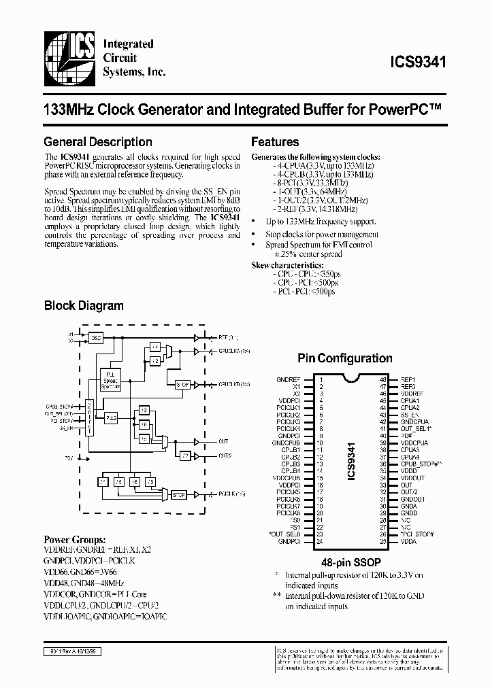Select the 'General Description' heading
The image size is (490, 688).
point(97,142)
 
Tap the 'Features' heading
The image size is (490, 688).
point(275,142)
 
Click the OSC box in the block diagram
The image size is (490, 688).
point(95,337)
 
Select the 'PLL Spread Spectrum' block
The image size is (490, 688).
point(110,380)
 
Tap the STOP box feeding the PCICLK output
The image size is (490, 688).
point(179,494)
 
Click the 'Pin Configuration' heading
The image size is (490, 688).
point(345,358)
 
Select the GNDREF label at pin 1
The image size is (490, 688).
point(289,379)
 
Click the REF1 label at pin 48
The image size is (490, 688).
point(408,379)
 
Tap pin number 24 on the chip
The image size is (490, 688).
point(319,542)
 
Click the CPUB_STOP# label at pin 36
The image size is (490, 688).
point(421,464)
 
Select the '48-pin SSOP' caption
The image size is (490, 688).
point(351,563)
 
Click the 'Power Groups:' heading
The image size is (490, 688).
point(75,540)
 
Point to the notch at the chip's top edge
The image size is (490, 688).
point(352,378)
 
